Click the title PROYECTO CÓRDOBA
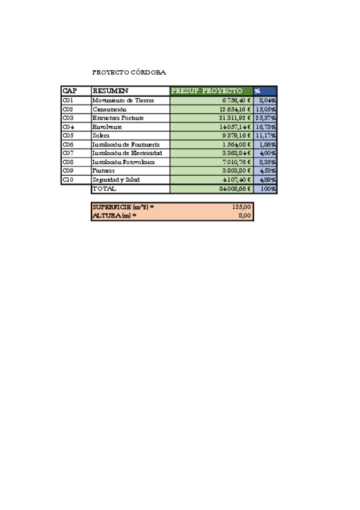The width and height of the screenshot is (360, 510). (x=129, y=72)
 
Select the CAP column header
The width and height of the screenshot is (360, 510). (x=70, y=91)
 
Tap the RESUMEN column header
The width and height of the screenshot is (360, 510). (x=111, y=91)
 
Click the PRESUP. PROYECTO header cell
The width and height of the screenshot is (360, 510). (x=207, y=91)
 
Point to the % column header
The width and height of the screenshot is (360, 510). (x=258, y=91)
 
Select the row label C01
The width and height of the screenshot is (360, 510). (x=68, y=100)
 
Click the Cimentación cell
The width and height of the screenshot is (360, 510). (x=109, y=109)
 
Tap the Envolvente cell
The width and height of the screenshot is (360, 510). (x=108, y=127)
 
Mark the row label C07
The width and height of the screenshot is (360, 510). (x=68, y=153)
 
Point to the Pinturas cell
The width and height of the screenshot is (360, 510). (x=105, y=171)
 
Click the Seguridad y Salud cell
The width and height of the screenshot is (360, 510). (x=116, y=180)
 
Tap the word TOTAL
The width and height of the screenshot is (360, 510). (x=103, y=189)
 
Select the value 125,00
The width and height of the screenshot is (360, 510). (x=241, y=207)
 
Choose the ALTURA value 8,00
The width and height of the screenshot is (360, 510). (x=244, y=215)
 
